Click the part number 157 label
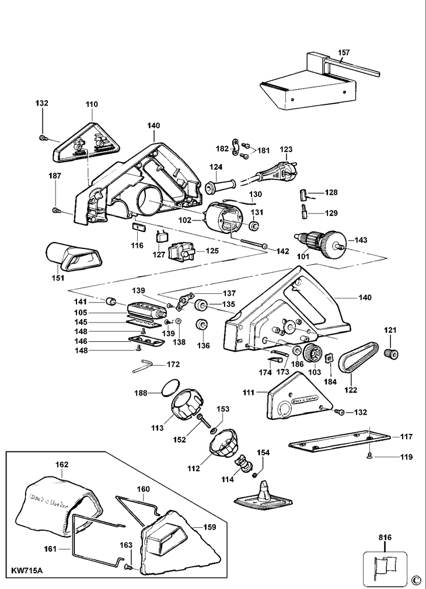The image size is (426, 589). pyautogui.click(x=344, y=52)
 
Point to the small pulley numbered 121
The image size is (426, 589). pyautogui.click(x=390, y=353)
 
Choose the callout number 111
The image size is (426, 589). pyautogui.click(x=249, y=392)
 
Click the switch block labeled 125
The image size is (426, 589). pyautogui.click(x=182, y=251)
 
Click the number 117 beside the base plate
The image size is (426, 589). pyautogui.click(x=406, y=436)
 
